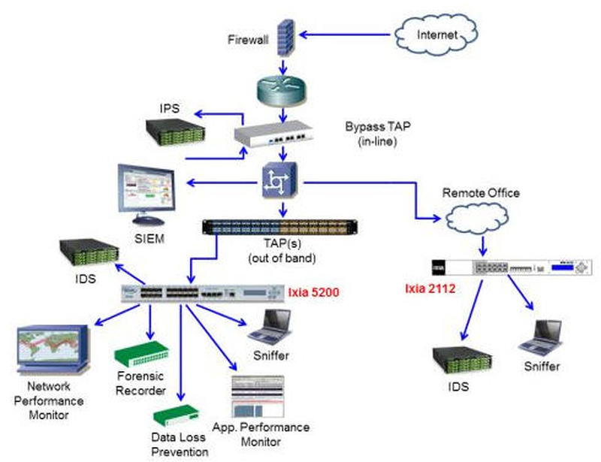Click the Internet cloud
tap(436, 33)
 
